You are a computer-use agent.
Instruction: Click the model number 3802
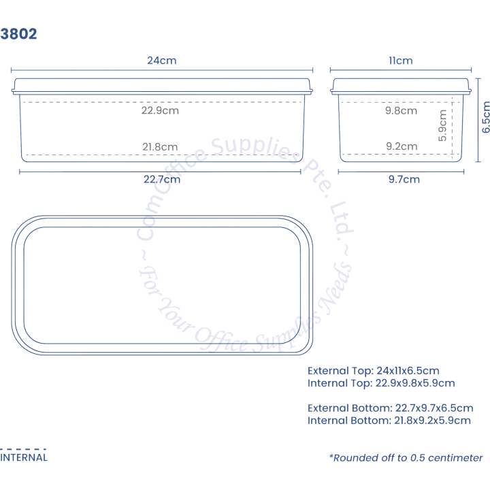click(18, 34)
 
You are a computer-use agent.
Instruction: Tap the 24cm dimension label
click(162, 61)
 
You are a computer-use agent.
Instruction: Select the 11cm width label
click(401, 61)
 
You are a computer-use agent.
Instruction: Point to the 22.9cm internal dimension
click(160, 110)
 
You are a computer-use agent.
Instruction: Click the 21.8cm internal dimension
click(160, 146)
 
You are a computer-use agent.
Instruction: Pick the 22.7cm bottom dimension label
click(162, 180)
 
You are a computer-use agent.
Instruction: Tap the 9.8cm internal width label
click(402, 110)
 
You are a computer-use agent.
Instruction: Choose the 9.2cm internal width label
click(402, 146)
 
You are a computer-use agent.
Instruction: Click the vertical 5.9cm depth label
click(442, 126)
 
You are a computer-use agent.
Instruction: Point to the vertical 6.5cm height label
click(486, 117)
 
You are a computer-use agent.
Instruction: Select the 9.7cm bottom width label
click(404, 180)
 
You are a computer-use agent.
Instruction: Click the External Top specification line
click(374, 371)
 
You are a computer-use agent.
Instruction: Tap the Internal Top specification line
click(381, 383)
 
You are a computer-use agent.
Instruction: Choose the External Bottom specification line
click(391, 408)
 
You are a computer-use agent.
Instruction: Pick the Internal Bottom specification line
click(389, 421)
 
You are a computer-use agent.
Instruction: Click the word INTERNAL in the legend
click(24, 457)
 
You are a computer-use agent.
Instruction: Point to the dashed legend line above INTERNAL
click(23, 449)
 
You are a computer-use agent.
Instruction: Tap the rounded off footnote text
click(406, 458)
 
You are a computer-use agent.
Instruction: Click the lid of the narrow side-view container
click(401, 86)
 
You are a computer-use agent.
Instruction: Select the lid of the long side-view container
click(162, 86)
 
